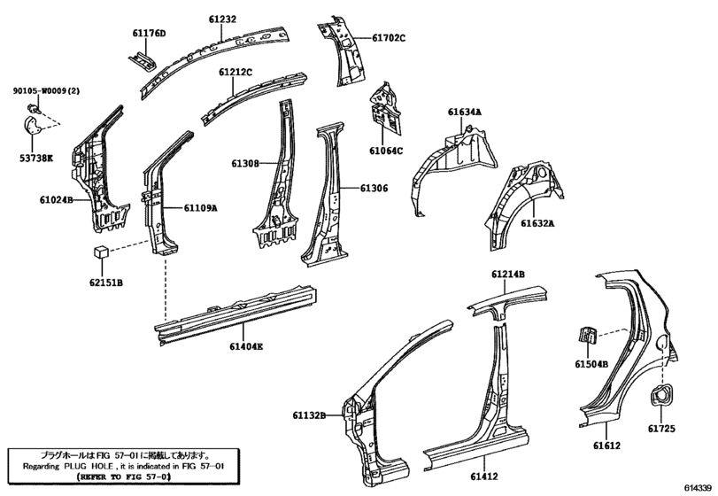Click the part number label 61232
coord(222,19)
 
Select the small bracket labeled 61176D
coord(143,60)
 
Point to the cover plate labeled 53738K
coord(33,126)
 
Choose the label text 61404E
coord(246,346)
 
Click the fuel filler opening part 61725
coord(662,395)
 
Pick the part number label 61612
coord(607,446)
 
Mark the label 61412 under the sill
coord(484,477)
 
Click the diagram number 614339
coord(699,488)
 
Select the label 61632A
coord(537,223)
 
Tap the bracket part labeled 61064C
coord(385,110)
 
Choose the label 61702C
coord(389,38)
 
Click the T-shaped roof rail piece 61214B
coord(507,303)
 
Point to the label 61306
coord(374,189)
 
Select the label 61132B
coord(310,415)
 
